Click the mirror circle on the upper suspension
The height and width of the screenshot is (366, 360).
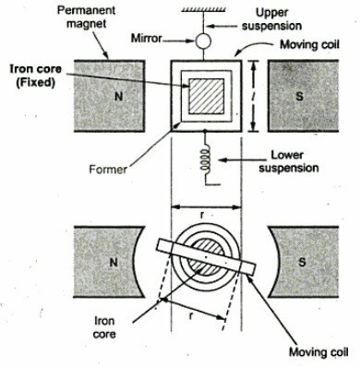click(x=203, y=41)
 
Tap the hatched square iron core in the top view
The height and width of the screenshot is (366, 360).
click(x=206, y=96)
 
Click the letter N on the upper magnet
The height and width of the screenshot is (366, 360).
click(x=118, y=97)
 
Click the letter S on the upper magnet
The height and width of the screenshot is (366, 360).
click(x=299, y=97)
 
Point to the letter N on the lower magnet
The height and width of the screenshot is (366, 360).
click(x=114, y=262)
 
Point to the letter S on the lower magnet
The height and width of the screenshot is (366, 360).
click(x=302, y=262)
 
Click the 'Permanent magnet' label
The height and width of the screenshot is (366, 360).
click(x=87, y=17)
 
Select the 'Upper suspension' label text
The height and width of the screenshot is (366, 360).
click(x=271, y=19)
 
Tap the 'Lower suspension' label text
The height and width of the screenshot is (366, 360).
click(x=288, y=161)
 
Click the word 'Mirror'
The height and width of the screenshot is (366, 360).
click(x=147, y=39)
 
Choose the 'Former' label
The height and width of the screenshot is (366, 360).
click(x=108, y=170)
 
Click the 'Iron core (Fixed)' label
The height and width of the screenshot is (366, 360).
click(x=36, y=76)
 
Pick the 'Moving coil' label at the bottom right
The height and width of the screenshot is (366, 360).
click(x=318, y=352)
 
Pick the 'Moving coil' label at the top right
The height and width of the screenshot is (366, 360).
click(x=309, y=45)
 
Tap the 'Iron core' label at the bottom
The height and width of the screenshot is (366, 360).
click(x=104, y=327)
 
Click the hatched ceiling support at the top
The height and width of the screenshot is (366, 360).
click(x=203, y=9)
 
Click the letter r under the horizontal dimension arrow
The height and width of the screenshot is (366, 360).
click(x=202, y=216)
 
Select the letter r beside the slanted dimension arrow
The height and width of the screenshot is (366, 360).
click(x=191, y=316)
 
